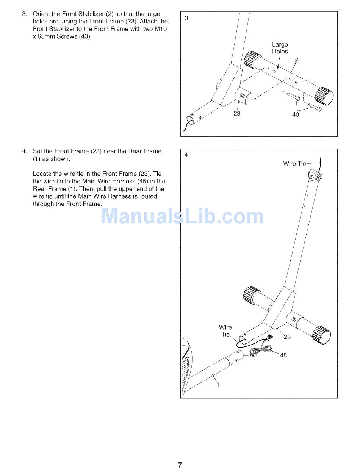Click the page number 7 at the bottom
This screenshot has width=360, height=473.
pyautogui.click(x=180, y=465)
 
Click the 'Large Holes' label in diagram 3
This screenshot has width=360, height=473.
pyautogui.click(x=280, y=48)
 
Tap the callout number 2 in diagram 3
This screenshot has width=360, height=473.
pyautogui.click(x=296, y=60)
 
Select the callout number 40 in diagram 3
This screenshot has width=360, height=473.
pyautogui.click(x=296, y=114)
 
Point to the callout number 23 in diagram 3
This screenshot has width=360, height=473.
pyautogui.click(x=237, y=113)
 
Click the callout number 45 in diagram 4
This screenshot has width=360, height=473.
pyautogui.click(x=283, y=356)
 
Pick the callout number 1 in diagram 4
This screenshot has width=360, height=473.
pyautogui.click(x=218, y=385)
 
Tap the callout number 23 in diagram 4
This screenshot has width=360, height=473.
pyautogui.click(x=287, y=337)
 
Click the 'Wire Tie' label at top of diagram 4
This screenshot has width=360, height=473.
pyautogui.click(x=294, y=164)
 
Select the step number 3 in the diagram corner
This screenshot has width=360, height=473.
pyautogui.click(x=186, y=18)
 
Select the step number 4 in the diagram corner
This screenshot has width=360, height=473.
pyautogui.click(x=186, y=155)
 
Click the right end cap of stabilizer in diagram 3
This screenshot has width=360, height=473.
pyautogui.click(x=324, y=96)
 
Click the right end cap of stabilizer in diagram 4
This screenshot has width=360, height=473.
pyautogui.click(x=322, y=335)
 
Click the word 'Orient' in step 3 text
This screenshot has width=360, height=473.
pyautogui.click(x=41, y=14)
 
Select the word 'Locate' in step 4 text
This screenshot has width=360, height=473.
pyautogui.click(x=42, y=174)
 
